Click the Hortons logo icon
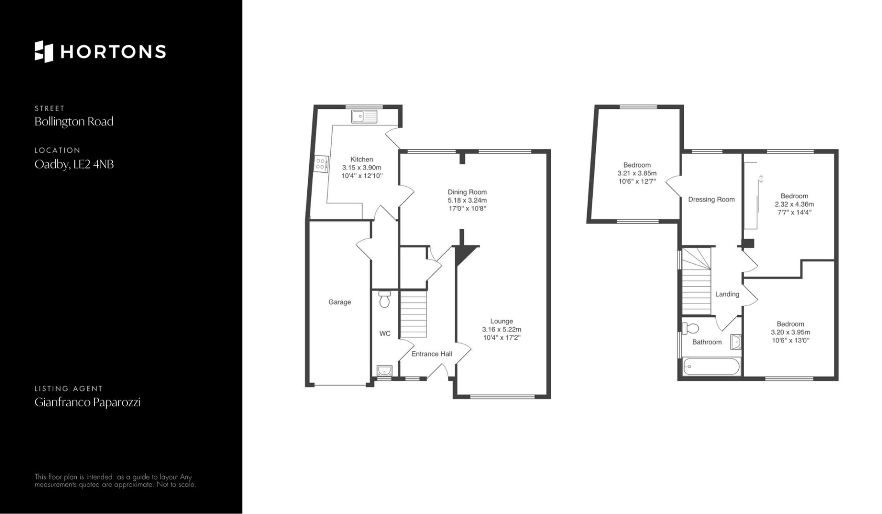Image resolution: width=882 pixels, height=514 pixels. [44, 51]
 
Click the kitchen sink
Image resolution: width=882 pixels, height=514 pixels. [364, 117]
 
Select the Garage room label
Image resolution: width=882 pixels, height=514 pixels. [339, 302]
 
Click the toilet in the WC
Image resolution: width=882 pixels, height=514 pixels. [384, 299]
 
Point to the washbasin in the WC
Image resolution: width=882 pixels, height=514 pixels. [384, 371]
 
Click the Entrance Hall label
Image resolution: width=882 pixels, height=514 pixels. [431, 354]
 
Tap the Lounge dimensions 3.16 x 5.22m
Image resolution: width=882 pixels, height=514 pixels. [502, 329]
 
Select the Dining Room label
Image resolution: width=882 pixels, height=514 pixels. [467, 192]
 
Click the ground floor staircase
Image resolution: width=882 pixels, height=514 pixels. [413, 316]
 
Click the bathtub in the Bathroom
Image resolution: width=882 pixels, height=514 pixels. [711, 367]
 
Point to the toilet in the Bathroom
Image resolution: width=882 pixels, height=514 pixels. [690, 328]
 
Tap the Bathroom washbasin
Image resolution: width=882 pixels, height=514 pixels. [736, 342]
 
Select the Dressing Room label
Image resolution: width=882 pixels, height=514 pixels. [711, 199]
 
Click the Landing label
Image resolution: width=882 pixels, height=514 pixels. [727, 294]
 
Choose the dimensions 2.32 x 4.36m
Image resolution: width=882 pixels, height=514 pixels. [794, 204]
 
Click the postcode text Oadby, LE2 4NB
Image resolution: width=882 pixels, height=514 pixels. [74, 164]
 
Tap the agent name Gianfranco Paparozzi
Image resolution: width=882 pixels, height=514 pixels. [87, 402]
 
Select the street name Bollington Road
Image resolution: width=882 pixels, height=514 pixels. [74, 122]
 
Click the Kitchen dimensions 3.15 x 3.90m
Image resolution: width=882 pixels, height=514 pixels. [362, 168]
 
